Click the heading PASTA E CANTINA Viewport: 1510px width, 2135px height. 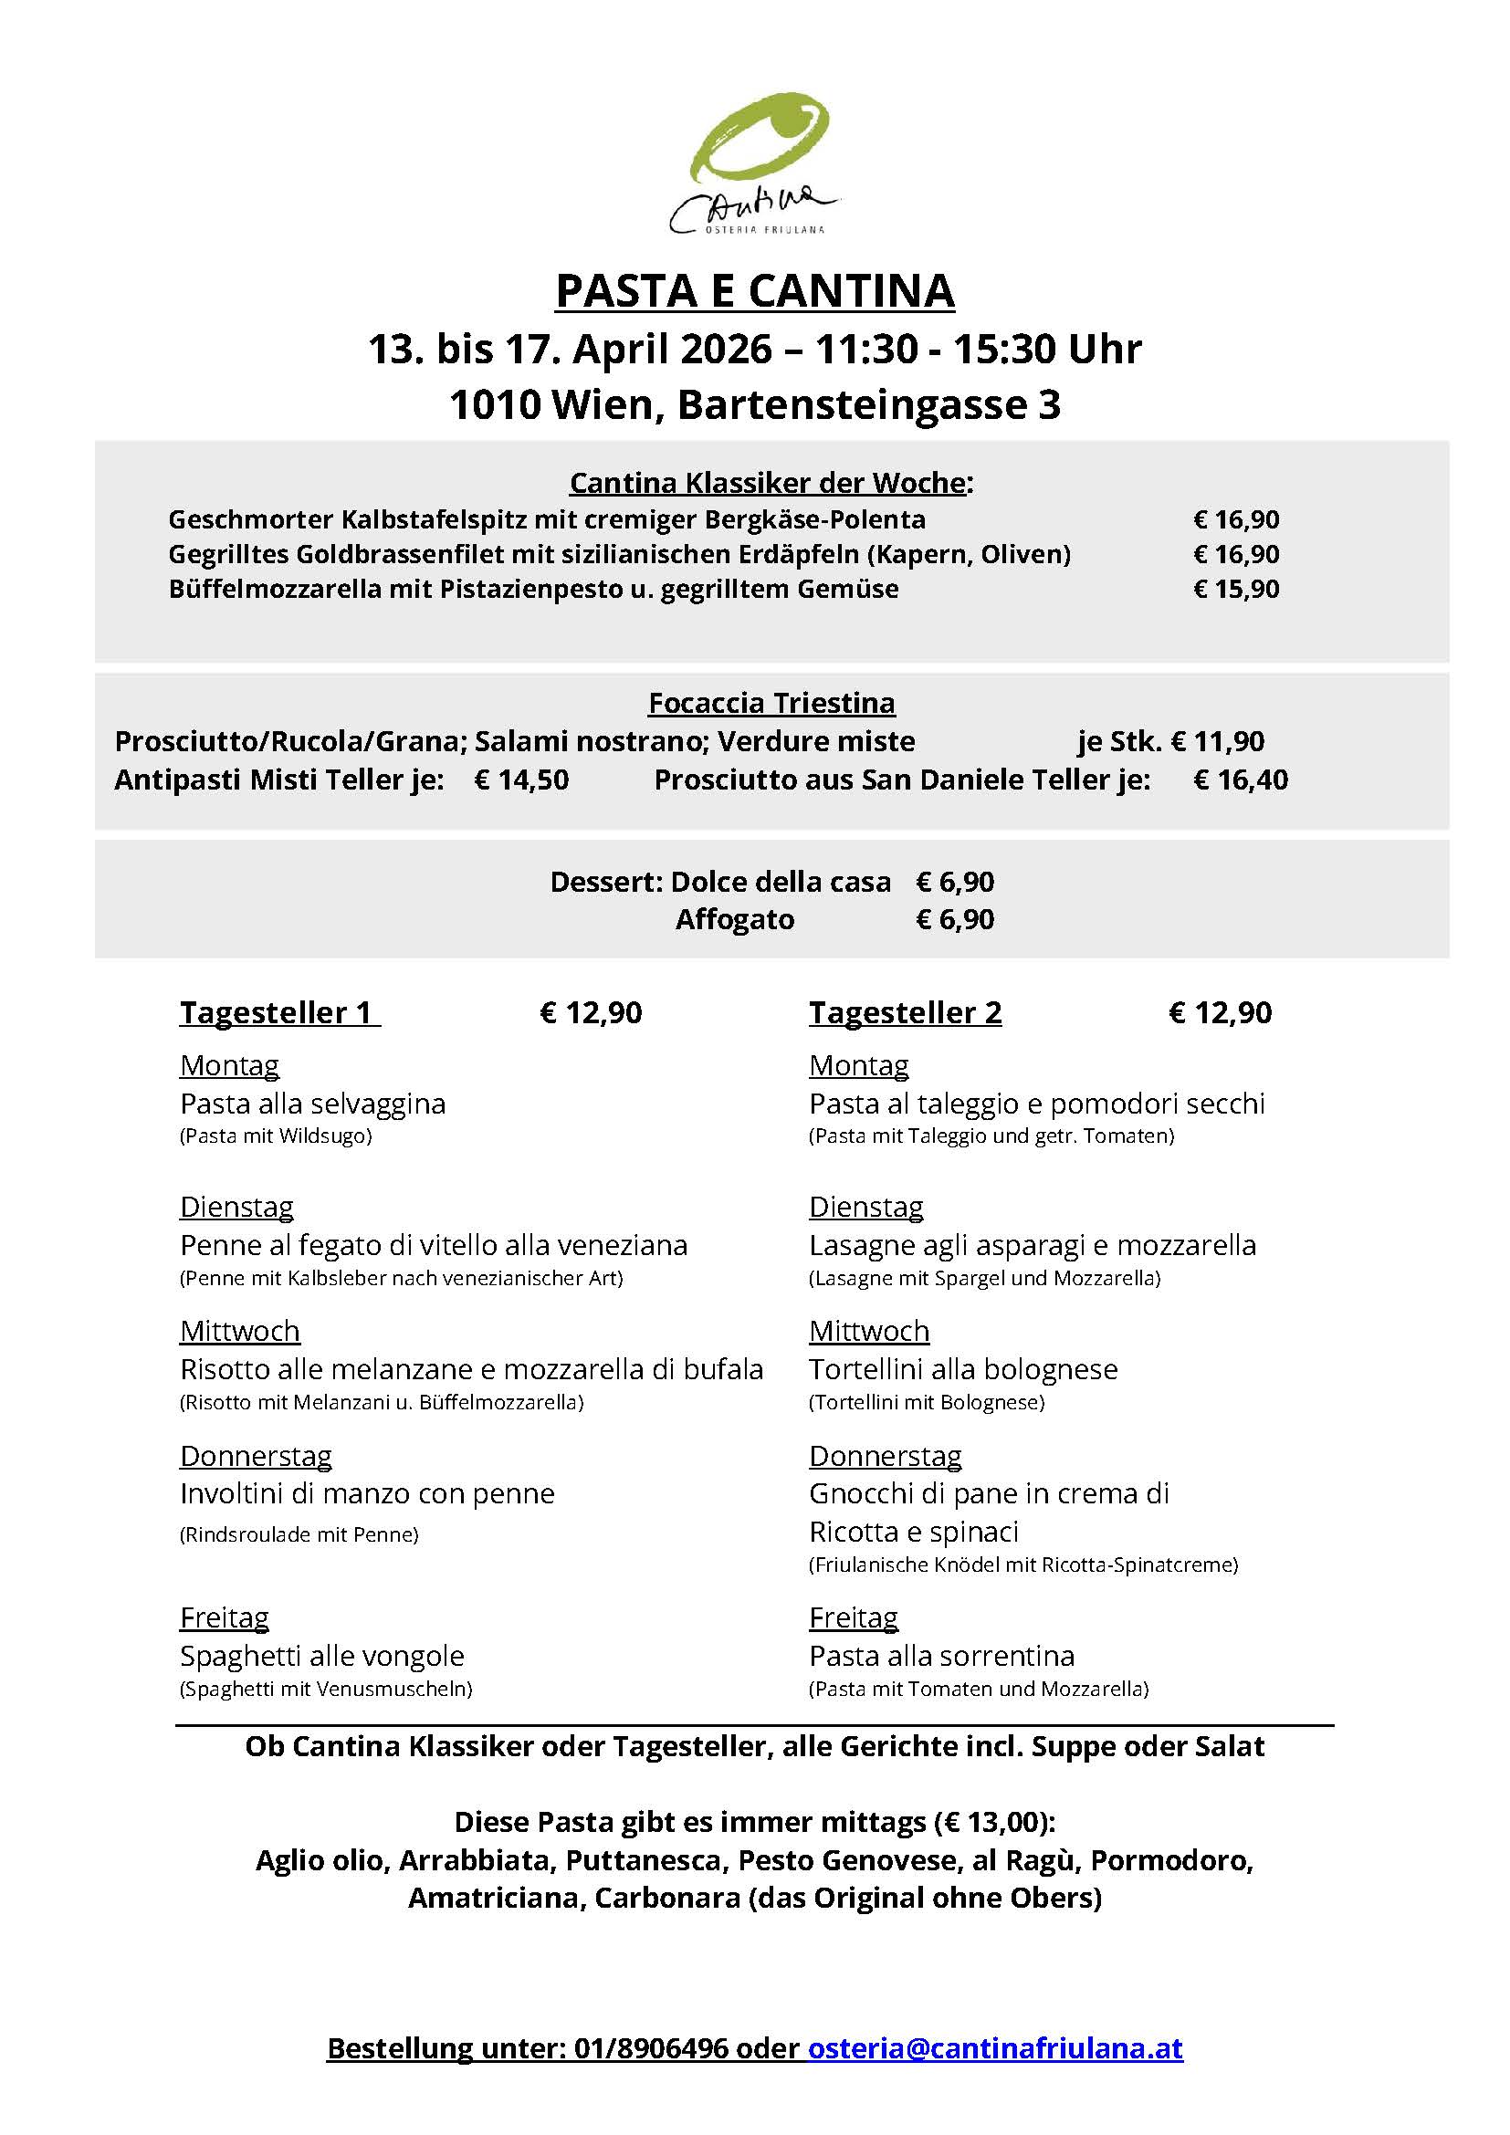754,291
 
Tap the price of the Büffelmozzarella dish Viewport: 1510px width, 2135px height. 1236,590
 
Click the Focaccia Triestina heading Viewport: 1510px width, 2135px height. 771,703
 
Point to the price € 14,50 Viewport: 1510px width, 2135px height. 520,780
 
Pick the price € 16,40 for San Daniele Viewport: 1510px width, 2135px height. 1241,780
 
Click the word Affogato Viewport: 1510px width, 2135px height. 735,920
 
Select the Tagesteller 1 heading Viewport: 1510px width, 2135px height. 279,1012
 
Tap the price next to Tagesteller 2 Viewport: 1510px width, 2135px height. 1220,1012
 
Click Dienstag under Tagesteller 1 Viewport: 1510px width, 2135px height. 236,1207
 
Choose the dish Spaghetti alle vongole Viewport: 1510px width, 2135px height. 321,1656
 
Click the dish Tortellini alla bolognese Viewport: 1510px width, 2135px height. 962,1370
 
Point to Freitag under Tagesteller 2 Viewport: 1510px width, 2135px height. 853,1618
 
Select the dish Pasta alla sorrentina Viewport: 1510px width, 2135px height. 941,1656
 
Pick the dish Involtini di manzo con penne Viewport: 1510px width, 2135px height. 367,1494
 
